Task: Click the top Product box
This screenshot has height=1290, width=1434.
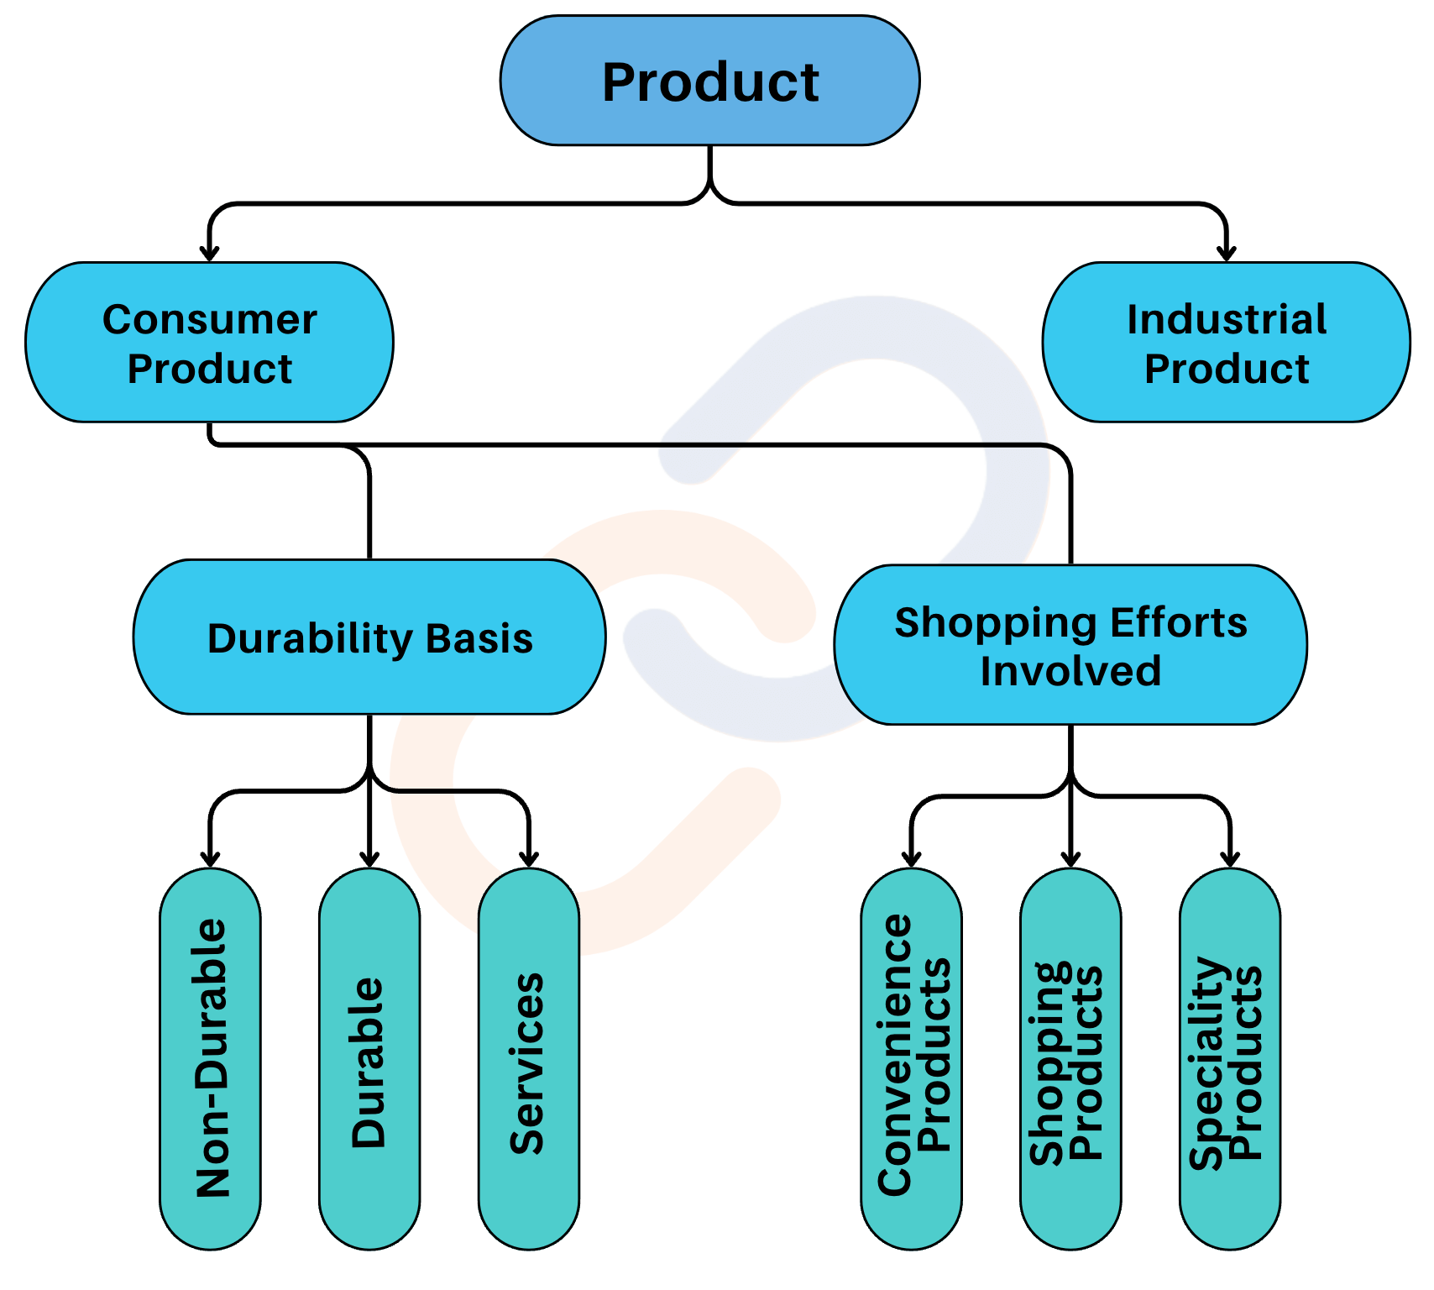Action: coord(710,81)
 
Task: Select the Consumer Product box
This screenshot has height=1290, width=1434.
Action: coord(209,342)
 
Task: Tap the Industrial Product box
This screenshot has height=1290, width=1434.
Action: coord(1226,342)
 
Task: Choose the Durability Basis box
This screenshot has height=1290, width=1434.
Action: coord(369,637)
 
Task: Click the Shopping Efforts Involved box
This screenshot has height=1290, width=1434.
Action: coord(1070,645)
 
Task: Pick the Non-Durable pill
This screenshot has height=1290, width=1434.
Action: coord(210,1058)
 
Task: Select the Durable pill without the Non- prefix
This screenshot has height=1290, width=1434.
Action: coord(369,1058)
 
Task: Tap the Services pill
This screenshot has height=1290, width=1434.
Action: coord(529,1058)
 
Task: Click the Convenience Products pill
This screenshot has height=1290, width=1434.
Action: coord(912,1058)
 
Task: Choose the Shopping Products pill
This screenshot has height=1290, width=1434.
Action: coord(1070,1058)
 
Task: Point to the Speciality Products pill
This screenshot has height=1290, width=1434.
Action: coord(1230,1058)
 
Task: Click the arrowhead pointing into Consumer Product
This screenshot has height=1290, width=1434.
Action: coord(209,252)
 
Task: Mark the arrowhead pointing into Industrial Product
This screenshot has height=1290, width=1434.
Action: coord(1227,252)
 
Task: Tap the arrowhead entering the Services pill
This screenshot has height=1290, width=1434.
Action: coord(529,858)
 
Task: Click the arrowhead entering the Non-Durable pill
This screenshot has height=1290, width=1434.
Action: coord(210,858)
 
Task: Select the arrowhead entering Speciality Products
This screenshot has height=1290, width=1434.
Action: coord(1230,858)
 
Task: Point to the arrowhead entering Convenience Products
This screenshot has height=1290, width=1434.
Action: coord(912,858)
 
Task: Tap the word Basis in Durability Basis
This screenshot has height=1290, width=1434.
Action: coord(479,638)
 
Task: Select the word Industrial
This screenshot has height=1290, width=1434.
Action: coord(1227,319)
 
